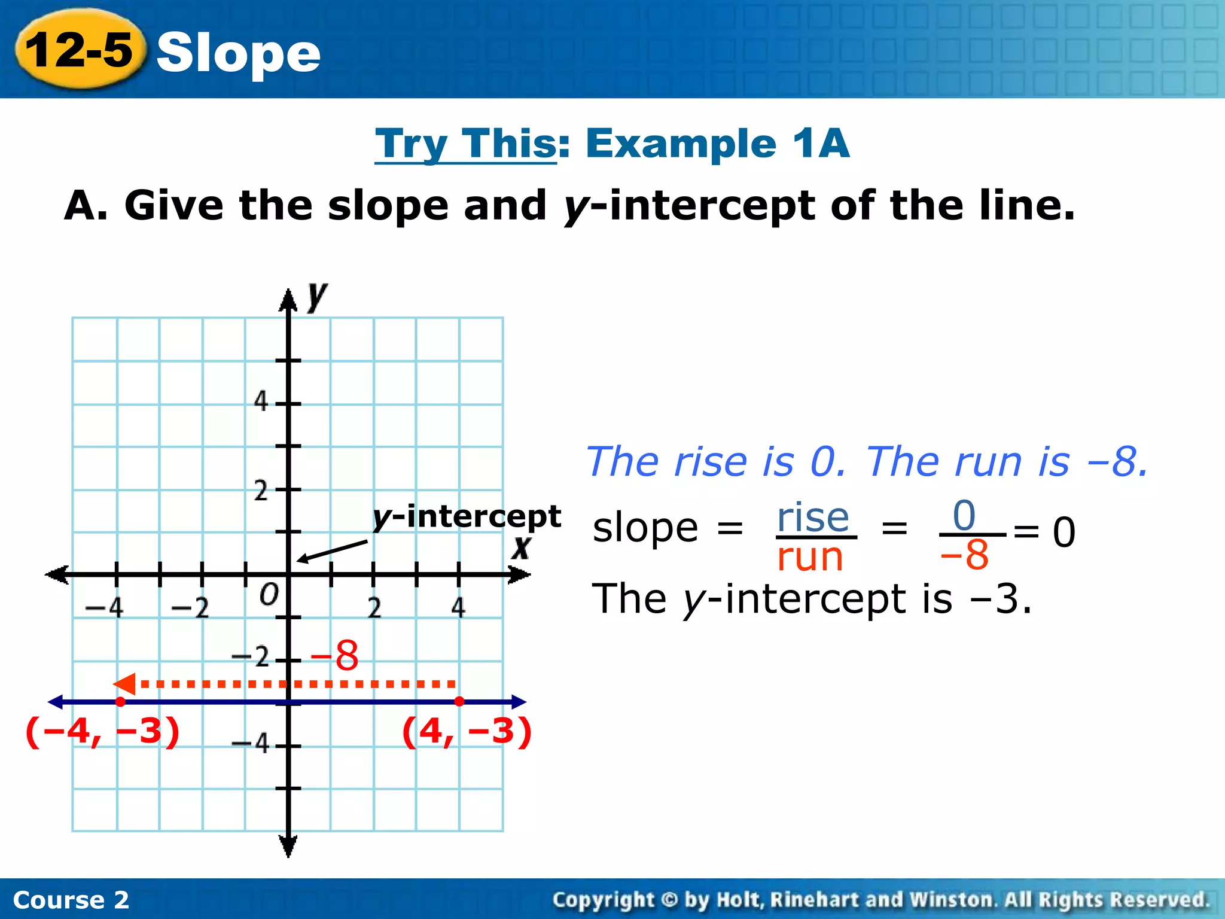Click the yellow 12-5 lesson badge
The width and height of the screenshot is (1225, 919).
click(80, 49)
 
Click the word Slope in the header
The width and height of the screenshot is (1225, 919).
click(238, 53)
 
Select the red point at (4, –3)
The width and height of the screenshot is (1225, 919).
click(459, 701)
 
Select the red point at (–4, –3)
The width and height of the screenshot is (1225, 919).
click(120, 701)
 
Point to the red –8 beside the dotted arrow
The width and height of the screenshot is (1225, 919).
click(335, 655)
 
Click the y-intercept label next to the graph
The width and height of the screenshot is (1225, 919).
click(467, 516)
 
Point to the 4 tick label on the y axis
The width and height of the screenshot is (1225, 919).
click(261, 401)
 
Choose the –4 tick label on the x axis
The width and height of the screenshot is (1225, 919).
click(105, 608)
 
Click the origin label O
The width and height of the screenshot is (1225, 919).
click(269, 595)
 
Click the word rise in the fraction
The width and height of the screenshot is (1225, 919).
click(813, 517)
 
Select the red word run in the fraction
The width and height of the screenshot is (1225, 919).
click(810, 557)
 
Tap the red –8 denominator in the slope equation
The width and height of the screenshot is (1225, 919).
click(964, 555)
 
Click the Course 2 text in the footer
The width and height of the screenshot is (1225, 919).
click(71, 900)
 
